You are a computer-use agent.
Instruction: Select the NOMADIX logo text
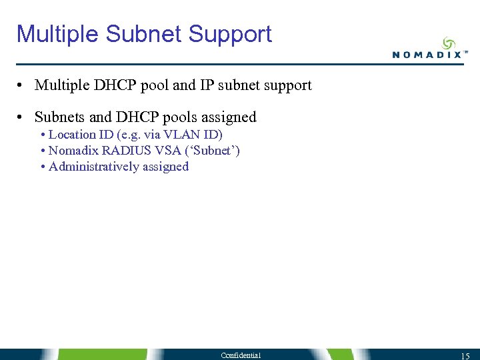(427, 55)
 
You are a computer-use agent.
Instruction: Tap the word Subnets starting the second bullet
(60, 117)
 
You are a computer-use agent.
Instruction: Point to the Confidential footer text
(241, 355)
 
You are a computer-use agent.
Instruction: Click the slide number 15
(465, 355)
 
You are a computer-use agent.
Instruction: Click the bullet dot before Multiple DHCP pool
(22, 86)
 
